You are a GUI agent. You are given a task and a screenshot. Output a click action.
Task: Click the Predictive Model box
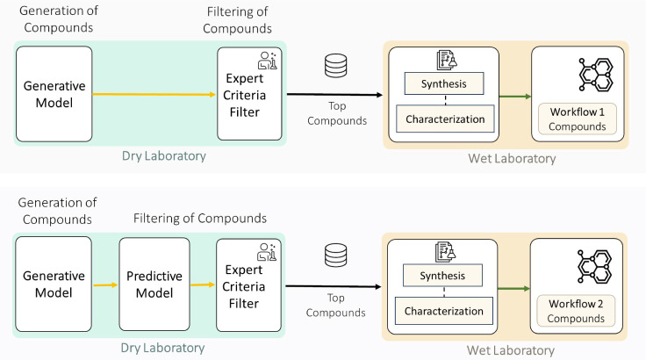click(154, 284)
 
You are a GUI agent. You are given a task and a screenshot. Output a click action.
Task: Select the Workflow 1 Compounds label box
click(578, 119)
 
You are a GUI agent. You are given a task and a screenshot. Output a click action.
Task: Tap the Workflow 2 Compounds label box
click(576, 311)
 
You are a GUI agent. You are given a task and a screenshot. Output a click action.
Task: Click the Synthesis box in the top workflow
click(444, 83)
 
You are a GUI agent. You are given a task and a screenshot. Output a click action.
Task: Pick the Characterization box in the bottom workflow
click(444, 311)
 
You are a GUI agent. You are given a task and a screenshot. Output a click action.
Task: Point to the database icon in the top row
click(336, 66)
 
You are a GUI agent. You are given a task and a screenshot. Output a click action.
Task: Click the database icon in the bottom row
click(336, 256)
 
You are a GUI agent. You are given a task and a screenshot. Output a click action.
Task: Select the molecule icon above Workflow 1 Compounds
click(596, 75)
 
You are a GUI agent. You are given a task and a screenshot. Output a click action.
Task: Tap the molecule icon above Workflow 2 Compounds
click(594, 266)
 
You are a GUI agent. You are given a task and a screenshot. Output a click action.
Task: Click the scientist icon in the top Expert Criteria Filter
click(268, 61)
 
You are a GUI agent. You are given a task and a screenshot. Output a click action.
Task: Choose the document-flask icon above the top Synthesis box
click(447, 60)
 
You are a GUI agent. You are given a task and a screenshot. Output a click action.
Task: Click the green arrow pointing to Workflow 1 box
click(515, 97)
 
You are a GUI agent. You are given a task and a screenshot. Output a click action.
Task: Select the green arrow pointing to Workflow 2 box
click(513, 288)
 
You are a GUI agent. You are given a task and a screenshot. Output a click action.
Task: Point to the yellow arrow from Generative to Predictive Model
click(105, 285)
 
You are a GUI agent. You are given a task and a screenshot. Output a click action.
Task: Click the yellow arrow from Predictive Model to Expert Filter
click(203, 284)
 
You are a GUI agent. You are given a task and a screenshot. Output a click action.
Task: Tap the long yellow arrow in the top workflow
click(154, 95)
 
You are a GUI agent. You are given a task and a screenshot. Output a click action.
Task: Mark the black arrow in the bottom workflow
click(334, 286)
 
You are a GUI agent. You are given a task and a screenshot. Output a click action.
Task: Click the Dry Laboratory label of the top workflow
click(164, 156)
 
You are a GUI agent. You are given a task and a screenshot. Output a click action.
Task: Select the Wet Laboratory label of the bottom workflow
click(511, 350)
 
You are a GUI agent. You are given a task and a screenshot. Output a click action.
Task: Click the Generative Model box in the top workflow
click(54, 94)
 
